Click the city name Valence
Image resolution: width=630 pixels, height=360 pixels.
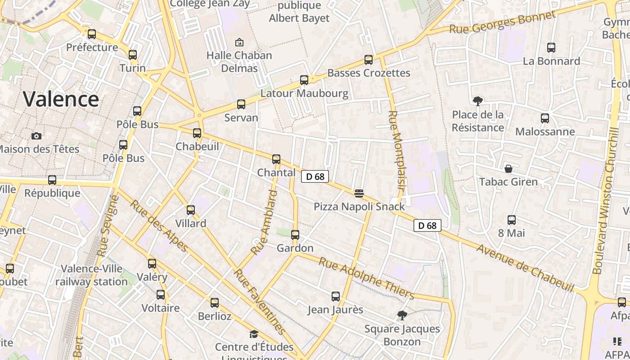pyautogui.click(x=61, y=99)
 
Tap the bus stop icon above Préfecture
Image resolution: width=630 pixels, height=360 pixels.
pyautogui.click(x=92, y=34)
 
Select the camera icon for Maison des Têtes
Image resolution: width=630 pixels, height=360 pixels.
pyautogui.click(x=36, y=136)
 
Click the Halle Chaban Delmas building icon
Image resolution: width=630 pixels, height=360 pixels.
pyautogui.click(x=239, y=42)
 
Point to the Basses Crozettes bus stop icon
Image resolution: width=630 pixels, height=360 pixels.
pyautogui.click(x=369, y=60)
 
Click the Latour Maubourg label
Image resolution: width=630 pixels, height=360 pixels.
pyautogui.click(x=305, y=94)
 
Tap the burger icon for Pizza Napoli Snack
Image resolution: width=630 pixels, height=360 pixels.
pyautogui.click(x=359, y=193)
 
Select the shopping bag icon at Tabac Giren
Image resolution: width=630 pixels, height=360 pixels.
pyautogui.click(x=508, y=169)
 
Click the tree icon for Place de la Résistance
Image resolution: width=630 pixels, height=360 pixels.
pyautogui.click(x=477, y=101)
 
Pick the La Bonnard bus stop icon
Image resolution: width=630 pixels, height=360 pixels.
pyautogui.click(x=551, y=48)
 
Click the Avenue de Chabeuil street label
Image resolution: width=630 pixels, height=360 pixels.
pyautogui.click(x=526, y=268)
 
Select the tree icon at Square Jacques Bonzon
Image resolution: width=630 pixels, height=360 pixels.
pyautogui.click(x=402, y=315)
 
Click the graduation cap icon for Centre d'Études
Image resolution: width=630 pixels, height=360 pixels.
pyautogui.click(x=254, y=334)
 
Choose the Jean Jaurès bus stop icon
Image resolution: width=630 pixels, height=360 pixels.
pyautogui.click(x=336, y=297)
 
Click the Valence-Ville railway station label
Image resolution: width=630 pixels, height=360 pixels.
pyautogui.click(x=92, y=275)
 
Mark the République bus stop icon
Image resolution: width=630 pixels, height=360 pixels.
pyautogui.click(x=52, y=180)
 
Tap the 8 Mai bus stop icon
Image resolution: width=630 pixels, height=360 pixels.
pyautogui.click(x=512, y=220)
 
